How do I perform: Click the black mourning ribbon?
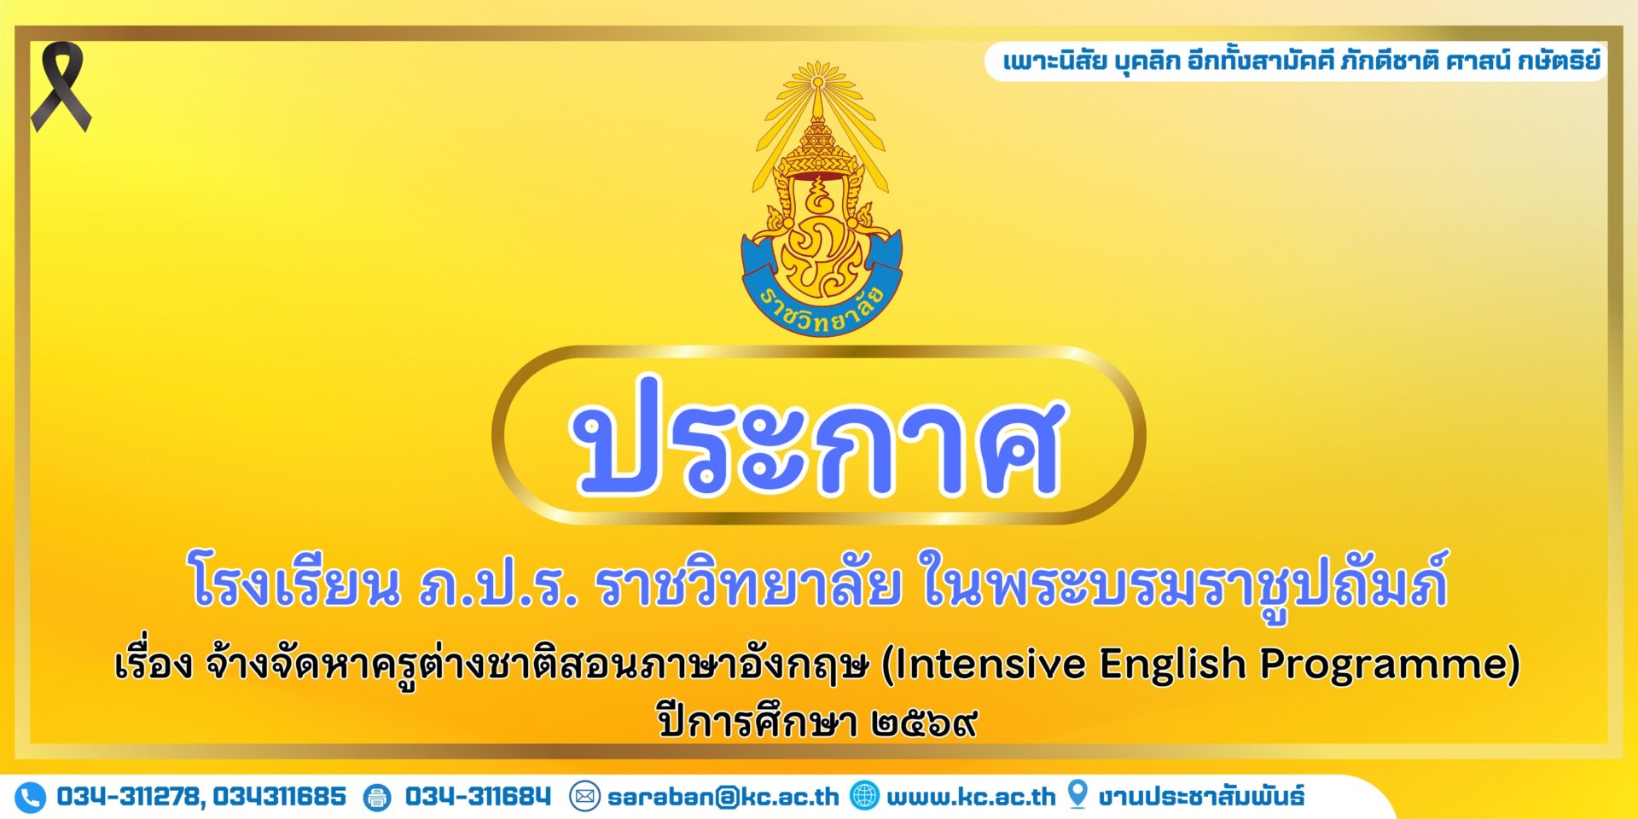61,86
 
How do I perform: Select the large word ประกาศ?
818,436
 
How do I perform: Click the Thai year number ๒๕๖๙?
924,724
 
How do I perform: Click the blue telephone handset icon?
30,798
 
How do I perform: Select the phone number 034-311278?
131,797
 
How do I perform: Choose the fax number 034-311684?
478,797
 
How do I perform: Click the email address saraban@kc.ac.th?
723,797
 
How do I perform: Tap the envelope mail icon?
584,797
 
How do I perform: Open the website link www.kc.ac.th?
971,797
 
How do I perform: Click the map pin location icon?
1077,794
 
